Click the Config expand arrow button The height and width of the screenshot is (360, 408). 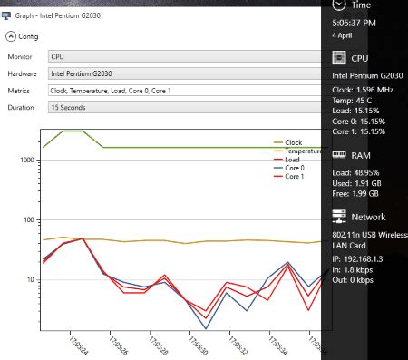(x=10, y=37)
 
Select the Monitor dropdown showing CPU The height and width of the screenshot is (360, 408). (x=181, y=57)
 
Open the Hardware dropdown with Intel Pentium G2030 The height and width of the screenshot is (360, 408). (x=181, y=73)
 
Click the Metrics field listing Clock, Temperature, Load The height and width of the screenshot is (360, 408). (x=181, y=91)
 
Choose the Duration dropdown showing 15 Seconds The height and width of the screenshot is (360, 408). (x=181, y=107)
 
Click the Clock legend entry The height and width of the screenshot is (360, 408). (x=293, y=142)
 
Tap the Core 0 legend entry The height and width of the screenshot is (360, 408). (x=295, y=168)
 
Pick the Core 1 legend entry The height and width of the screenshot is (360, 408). (x=295, y=176)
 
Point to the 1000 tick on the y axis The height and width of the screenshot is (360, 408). (x=26, y=160)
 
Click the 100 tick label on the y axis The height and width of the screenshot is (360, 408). (x=28, y=219)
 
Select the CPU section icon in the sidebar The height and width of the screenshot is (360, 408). (x=340, y=57)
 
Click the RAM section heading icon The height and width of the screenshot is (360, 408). (x=340, y=155)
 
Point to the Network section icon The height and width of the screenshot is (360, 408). (x=340, y=217)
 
